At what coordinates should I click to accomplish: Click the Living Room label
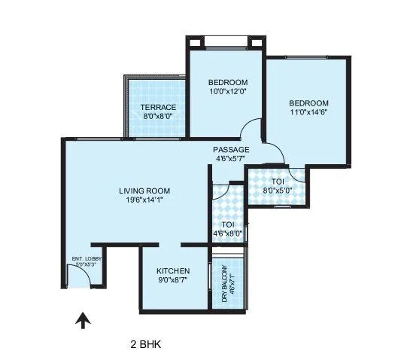pyautogui.click(x=141, y=191)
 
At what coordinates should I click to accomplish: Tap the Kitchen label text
pyautogui.click(x=172, y=271)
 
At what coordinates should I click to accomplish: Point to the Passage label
pyautogui.click(x=231, y=149)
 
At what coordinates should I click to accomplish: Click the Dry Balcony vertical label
pyautogui.click(x=225, y=286)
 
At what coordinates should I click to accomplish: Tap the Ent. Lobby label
pyautogui.click(x=87, y=259)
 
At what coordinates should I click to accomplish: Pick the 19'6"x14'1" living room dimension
pyautogui.click(x=141, y=200)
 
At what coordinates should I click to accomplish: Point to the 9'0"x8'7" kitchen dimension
pyautogui.click(x=172, y=280)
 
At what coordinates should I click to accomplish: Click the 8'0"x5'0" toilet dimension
pyautogui.click(x=277, y=191)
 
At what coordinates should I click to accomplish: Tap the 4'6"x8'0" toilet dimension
pyautogui.click(x=227, y=234)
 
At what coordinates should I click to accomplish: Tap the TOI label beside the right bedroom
pyautogui.click(x=277, y=182)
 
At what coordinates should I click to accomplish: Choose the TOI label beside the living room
pyautogui.click(x=227, y=224)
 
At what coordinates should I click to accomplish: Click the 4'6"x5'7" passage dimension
pyautogui.click(x=231, y=159)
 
